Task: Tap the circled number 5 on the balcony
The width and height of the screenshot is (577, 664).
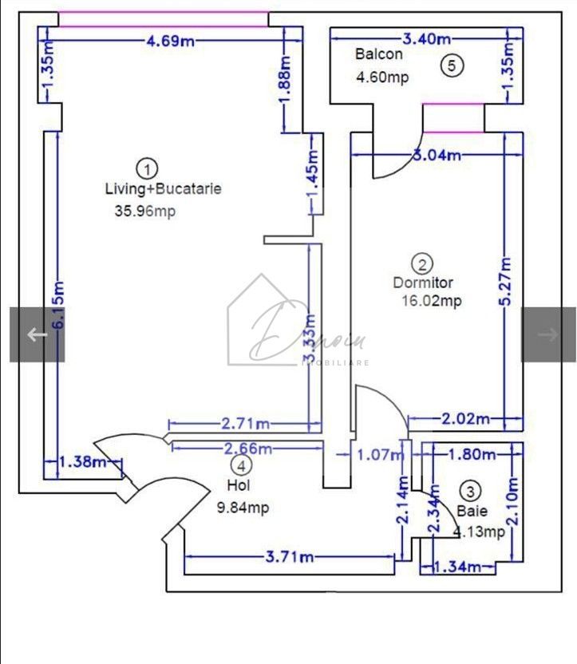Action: pos(452,66)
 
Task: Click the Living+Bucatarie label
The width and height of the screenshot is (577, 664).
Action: pos(163,190)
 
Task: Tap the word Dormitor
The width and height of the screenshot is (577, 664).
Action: pos(423,283)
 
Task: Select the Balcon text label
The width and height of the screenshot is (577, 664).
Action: pos(379,55)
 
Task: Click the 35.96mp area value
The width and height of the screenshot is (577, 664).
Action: pos(145,211)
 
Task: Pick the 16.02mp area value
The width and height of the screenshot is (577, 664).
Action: pos(432,302)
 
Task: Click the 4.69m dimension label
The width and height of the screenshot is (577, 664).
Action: pos(171,41)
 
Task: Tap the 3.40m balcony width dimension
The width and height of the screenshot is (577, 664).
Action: pos(426,38)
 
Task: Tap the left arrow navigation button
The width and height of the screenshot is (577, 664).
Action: pos(37,334)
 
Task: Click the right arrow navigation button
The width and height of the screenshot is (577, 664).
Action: pos(548,334)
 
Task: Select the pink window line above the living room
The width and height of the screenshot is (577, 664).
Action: pos(163,18)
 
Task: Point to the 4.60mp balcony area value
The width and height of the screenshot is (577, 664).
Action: pos(382,78)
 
